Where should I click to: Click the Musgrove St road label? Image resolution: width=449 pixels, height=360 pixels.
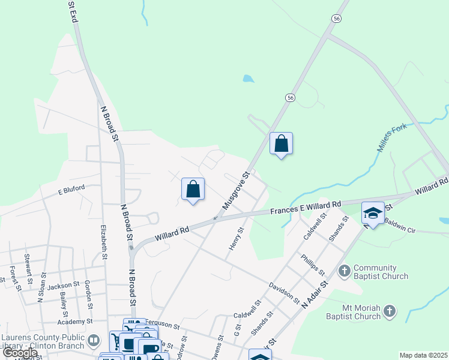(235, 191)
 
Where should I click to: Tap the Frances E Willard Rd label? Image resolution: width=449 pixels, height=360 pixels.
(306, 208)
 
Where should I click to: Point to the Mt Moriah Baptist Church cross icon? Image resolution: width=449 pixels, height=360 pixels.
(390, 311)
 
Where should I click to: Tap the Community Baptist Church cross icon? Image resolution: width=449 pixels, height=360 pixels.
(345, 271)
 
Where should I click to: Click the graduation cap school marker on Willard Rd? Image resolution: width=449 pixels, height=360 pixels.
(373, 213)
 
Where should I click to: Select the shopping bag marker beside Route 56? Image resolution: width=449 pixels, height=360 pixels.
(281, 143)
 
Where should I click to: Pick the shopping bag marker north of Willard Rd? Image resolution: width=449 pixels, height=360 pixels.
(193, 189)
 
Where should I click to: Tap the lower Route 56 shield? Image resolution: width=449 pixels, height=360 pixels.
(291, 98)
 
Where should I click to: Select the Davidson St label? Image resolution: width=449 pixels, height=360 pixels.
(284, 292)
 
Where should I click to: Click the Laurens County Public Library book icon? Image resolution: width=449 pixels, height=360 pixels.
(93, 341)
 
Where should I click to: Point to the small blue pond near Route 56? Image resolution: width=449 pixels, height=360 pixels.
(248, 78)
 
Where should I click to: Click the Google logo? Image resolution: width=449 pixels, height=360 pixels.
(20, 353)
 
